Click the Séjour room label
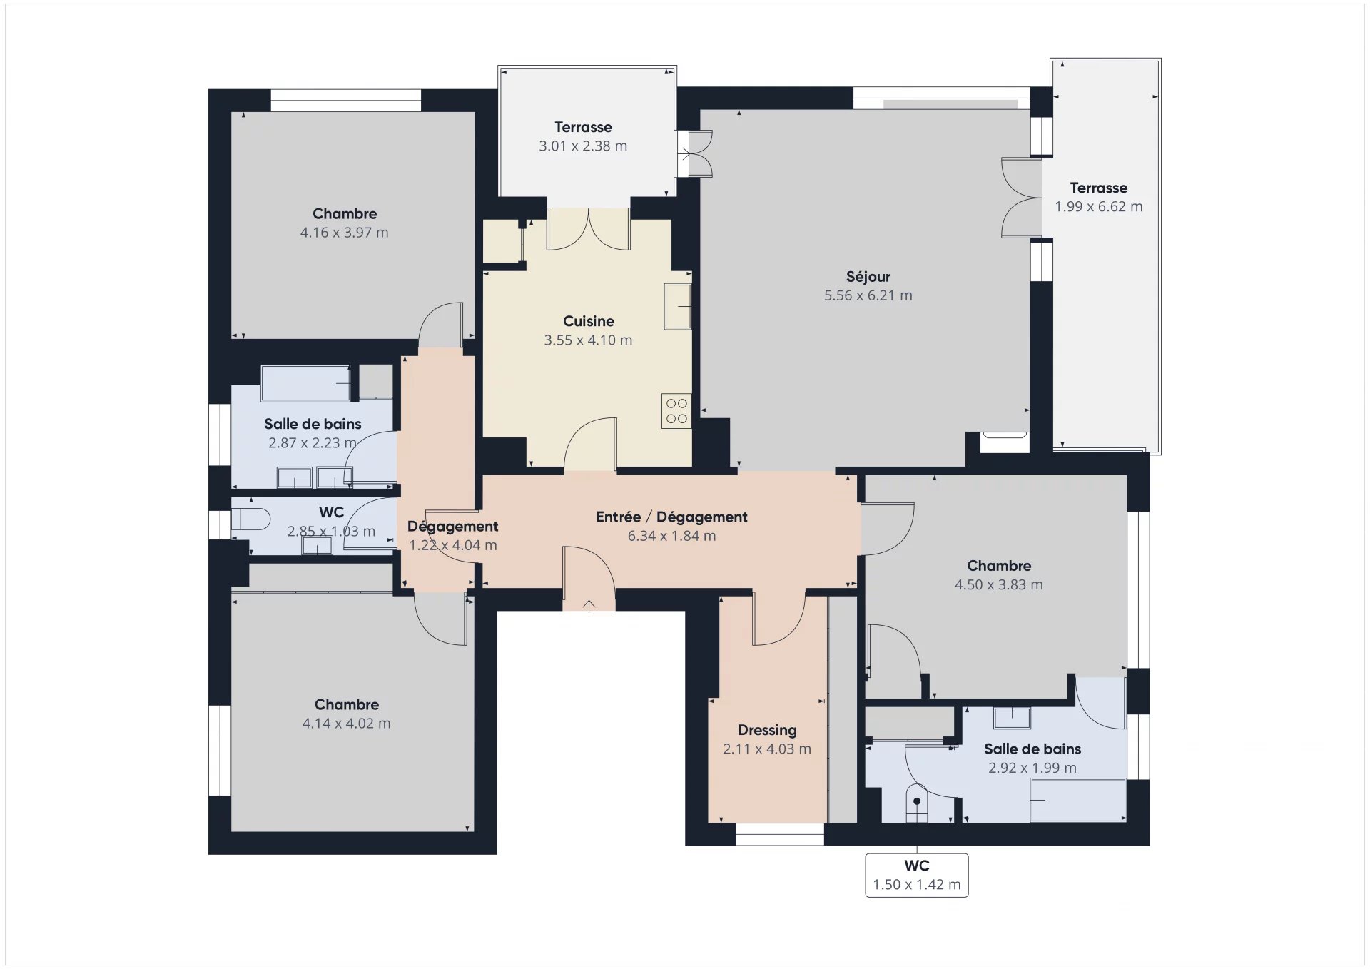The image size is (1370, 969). click(868, 277)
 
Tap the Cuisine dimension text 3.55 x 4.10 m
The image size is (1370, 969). click(588, 340)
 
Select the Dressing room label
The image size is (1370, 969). click(767, 730)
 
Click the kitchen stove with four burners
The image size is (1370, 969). click(676, 411)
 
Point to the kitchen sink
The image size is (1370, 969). click(678, 306)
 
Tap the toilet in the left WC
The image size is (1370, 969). click(250, 519)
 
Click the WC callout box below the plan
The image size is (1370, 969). click(917, 875)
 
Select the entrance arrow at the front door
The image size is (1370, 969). click(589, 606)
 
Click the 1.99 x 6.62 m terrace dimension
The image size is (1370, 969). click(1099, 207)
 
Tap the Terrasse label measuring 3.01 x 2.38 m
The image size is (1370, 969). click(583, 128)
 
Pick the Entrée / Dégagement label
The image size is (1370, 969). click(671, 517)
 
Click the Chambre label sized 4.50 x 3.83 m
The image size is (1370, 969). click(999, 566)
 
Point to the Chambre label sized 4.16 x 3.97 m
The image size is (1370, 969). click(345, 214)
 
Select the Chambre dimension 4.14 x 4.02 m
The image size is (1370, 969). click(346, 724)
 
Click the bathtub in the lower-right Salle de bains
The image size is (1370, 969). click(1078, 800)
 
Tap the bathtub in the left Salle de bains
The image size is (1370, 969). click(306, 384)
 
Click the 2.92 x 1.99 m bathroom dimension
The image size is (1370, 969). click(1032, 768)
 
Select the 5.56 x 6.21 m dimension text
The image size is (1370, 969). click(868, 295)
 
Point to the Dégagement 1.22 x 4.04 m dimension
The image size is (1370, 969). click(452, 545)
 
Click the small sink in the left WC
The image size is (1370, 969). click(317, 545)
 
